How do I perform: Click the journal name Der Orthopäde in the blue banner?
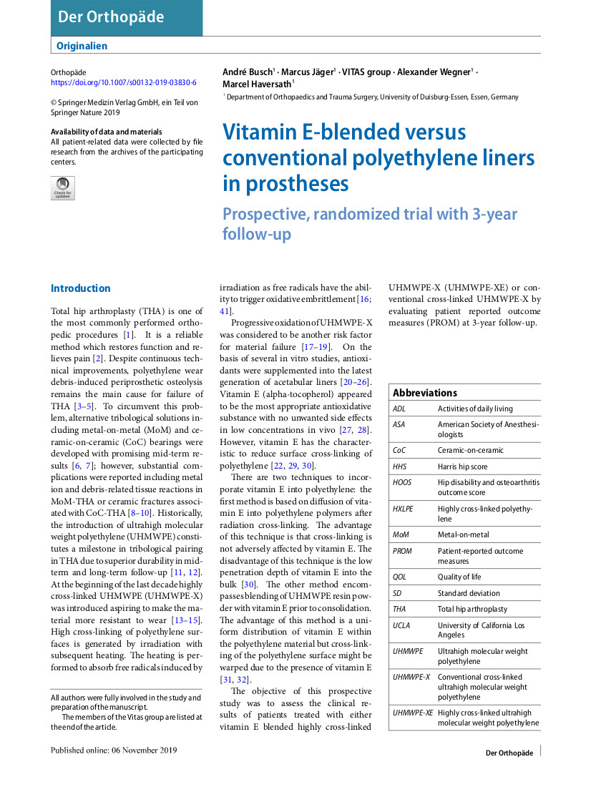[111, 17]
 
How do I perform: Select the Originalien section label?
[82, 46]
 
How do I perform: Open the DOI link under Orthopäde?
[124, 82]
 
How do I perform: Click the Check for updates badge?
[63, 188]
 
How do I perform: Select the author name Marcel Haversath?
[257, 84]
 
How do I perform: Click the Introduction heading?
[80, 288]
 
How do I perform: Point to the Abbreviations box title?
[424, 393]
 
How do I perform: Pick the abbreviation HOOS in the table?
[402, 482]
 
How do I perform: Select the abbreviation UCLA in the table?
[401, 625]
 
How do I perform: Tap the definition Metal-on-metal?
[464, 534]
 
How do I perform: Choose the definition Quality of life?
[459, 577]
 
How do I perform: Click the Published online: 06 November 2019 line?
[114, 750]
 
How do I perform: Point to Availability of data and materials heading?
[106, 132]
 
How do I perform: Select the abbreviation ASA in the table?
[399, 424]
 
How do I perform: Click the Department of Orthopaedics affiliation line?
[372, 97]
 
